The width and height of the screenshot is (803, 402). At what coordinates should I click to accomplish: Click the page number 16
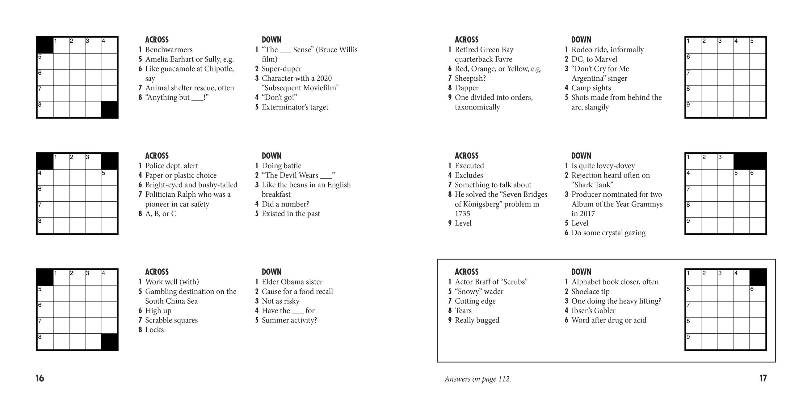pyautogui.click(x=40, y=378)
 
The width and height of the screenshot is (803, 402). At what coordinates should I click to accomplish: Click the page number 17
pyautogui.click(x=763, y=378)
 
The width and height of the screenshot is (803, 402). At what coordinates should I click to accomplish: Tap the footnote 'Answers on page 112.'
pyautogui.click(x=477, y=379)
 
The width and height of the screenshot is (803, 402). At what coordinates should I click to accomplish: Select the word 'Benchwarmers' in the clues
pyautogui.click(x=169, y=49)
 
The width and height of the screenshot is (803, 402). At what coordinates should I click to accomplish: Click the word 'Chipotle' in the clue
pyautogui.click(x=219, y=69)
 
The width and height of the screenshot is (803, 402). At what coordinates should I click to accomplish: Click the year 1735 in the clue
pyautogui.click(x=462, y=214)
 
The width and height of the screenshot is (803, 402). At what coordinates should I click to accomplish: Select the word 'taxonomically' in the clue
pyautogui.click(x=477, y=107)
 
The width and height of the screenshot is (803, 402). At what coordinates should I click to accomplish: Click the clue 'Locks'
pyautogui.click(x=154, y=330)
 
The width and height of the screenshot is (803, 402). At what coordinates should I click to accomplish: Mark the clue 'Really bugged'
pyautogui.click(x=477, y=320)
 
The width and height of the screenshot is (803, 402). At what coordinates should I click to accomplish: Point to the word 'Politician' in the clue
pyautogui.click(x=160, y=195)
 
